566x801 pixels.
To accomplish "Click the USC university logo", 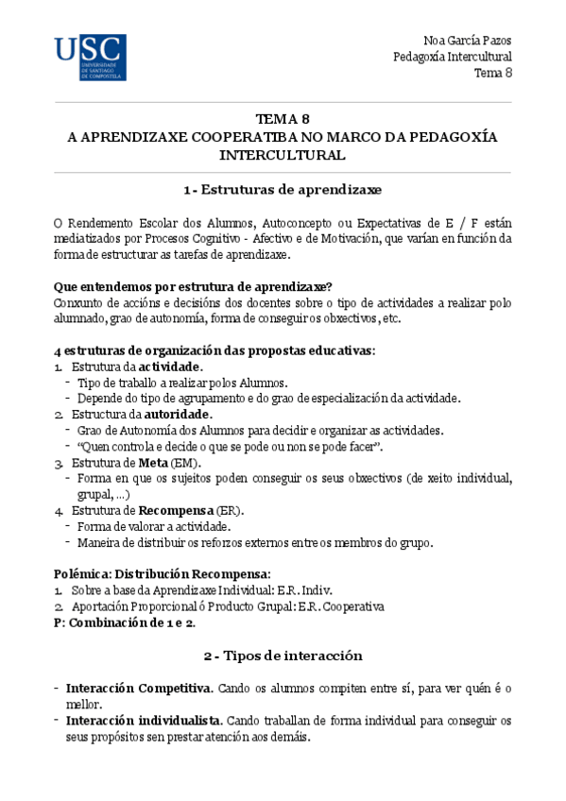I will [90, 57].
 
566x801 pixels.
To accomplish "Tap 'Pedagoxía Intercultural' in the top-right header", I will [453, 57].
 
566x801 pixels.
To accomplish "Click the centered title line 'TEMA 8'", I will [283, 119].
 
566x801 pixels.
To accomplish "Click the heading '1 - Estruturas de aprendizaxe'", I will [283, 189].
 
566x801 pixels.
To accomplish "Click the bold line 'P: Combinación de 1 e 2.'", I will [124, 622].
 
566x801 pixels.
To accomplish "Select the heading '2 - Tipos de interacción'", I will [283, 656].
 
